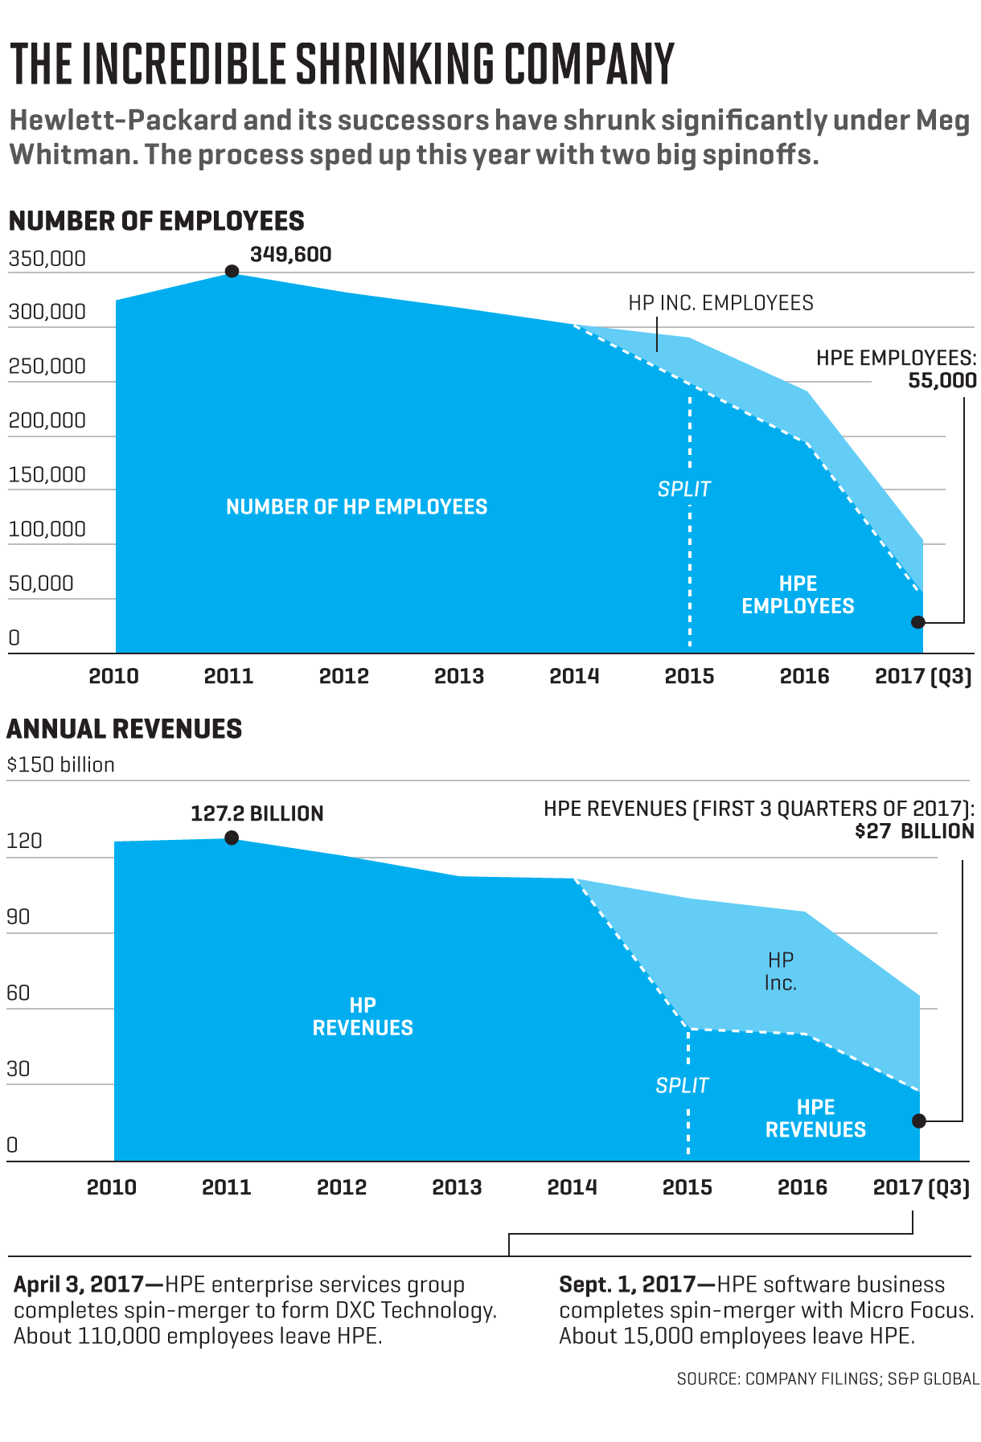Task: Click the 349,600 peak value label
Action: pos(290,255)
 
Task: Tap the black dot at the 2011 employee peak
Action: pos(232,271)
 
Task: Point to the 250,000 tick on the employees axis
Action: pos(47,366)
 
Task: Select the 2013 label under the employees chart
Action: pos(459,676)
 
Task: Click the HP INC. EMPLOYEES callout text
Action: pos(720,303)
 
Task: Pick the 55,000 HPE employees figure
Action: pos(942,380)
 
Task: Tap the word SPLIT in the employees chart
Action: pos(684,489)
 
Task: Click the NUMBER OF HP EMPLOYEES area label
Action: pos(356,507)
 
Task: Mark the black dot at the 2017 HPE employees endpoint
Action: pos(918,622)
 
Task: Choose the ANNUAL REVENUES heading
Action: pos(124,729)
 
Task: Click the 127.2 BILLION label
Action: pos(257,813)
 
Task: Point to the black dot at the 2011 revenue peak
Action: pos(232,838)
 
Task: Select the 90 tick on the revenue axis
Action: pos(18,916)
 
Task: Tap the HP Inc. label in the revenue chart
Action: pos(780,971)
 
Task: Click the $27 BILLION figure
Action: pos(914,831)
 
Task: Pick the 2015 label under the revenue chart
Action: pos(687,1187)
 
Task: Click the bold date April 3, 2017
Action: pos(78,1284)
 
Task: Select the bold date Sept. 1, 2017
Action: pos(626,1284)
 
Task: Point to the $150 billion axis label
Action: pos(60,764)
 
